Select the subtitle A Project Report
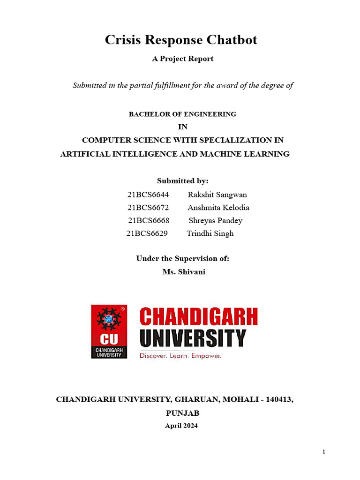tap(183, 59)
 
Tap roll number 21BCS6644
tap(148, 195)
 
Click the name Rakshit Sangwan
tap(217, 195)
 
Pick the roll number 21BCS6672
tap(148, 207)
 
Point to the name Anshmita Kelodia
tap(218, 207)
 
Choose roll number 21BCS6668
tap(149, 220)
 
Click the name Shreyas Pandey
tap(216, 220)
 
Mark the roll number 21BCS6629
tap(147, 233)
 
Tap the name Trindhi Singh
tap(210, 233)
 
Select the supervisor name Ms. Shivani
tap(184, 272)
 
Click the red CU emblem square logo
tap(109, 331)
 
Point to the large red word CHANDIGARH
tap(199, 316)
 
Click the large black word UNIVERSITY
tap(193, 338)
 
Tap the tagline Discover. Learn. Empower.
tap(180, 356)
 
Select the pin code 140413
tap(279, 399)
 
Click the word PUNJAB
tap(183, 413)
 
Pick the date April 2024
tap(181, 426)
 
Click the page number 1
tap(323, 452)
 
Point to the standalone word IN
tap(183, 127)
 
